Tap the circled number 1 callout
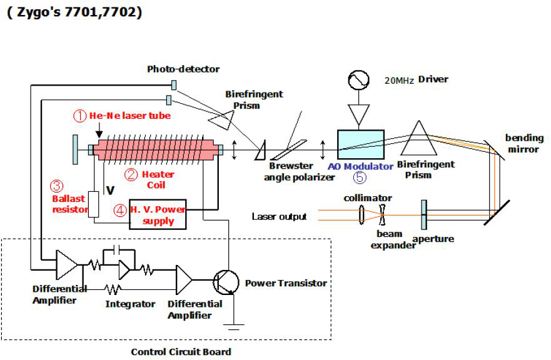79,116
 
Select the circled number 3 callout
57,186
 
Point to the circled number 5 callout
360,177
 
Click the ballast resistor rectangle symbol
94,204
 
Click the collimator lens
362,216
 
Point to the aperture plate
424,215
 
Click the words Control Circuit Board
180,351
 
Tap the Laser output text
279,217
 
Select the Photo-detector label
183,69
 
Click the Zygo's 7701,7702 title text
74,12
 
